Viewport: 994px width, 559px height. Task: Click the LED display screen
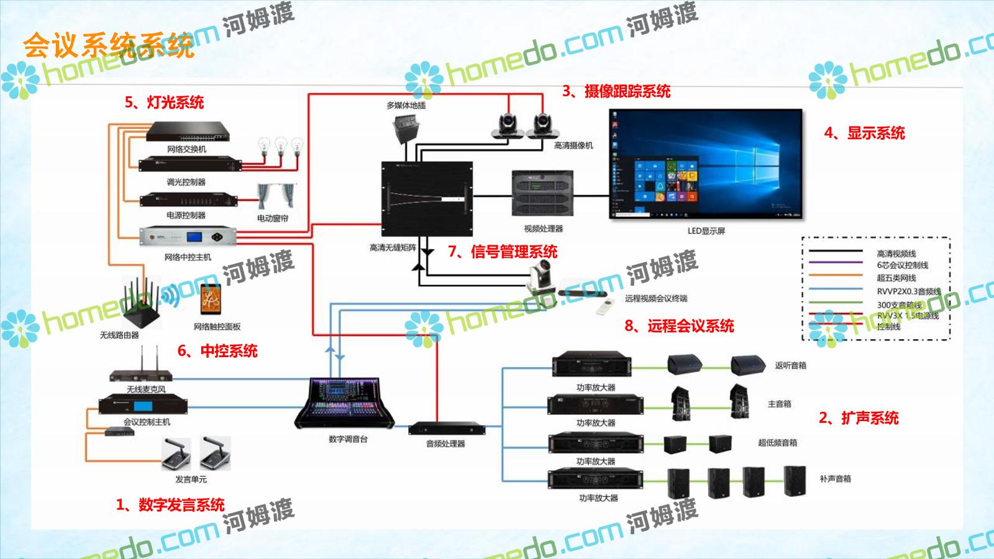pyautogui.click(x=705, y=164)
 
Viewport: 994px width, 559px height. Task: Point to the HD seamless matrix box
pyautogui.click(x=426, y=198)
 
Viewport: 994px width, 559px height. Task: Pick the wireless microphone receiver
pyautogui.click(x=146, y=375)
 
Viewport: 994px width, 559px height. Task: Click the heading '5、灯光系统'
pyautogui.click(x=165, y=102)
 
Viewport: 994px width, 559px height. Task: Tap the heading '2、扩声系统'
pyautogui.click(x=859, y=418)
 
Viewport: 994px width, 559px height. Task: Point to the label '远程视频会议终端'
pyautogui.click(x=656, y=299)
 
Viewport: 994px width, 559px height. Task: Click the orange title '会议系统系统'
pyautogui.click(x=109, y=45)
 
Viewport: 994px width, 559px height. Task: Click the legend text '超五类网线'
pyautogui.click(x=896, y=278)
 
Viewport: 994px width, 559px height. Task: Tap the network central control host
pyautogui.click(x=188, y=237)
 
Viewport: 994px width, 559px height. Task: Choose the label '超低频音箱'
pyautogui.click(x=777, y=443)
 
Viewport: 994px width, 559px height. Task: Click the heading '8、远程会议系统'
pyautogui.click(x=679, y=326)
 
